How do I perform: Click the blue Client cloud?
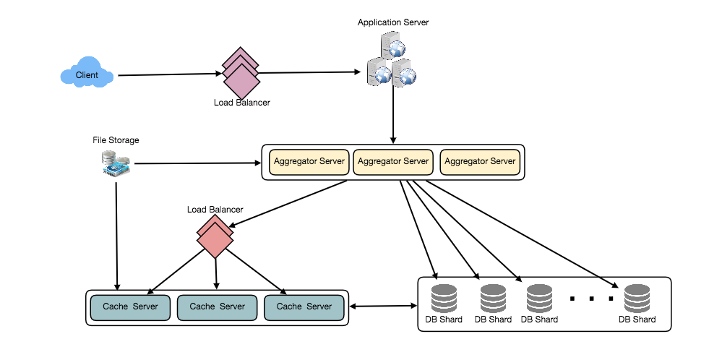[87, 75]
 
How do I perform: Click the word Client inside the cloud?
[87, 75]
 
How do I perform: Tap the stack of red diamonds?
[215, 236]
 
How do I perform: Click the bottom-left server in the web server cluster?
[379, 73]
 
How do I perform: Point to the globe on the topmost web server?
[396, 49]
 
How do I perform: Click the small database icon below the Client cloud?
[116, 163]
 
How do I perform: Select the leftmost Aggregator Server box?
[309, 162]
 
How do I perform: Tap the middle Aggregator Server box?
[393, 162]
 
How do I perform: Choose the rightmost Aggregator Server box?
[480, 162]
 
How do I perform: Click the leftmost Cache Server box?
[130, 307]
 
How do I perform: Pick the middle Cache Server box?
[217, 307]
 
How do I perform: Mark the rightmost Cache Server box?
[304, 307]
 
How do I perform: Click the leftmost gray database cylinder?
[444, 299]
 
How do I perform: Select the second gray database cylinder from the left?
[493, 299]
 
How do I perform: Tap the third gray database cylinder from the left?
[539, 299]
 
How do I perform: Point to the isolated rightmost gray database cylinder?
[637, 299]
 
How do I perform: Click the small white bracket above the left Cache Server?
[117, 293]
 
